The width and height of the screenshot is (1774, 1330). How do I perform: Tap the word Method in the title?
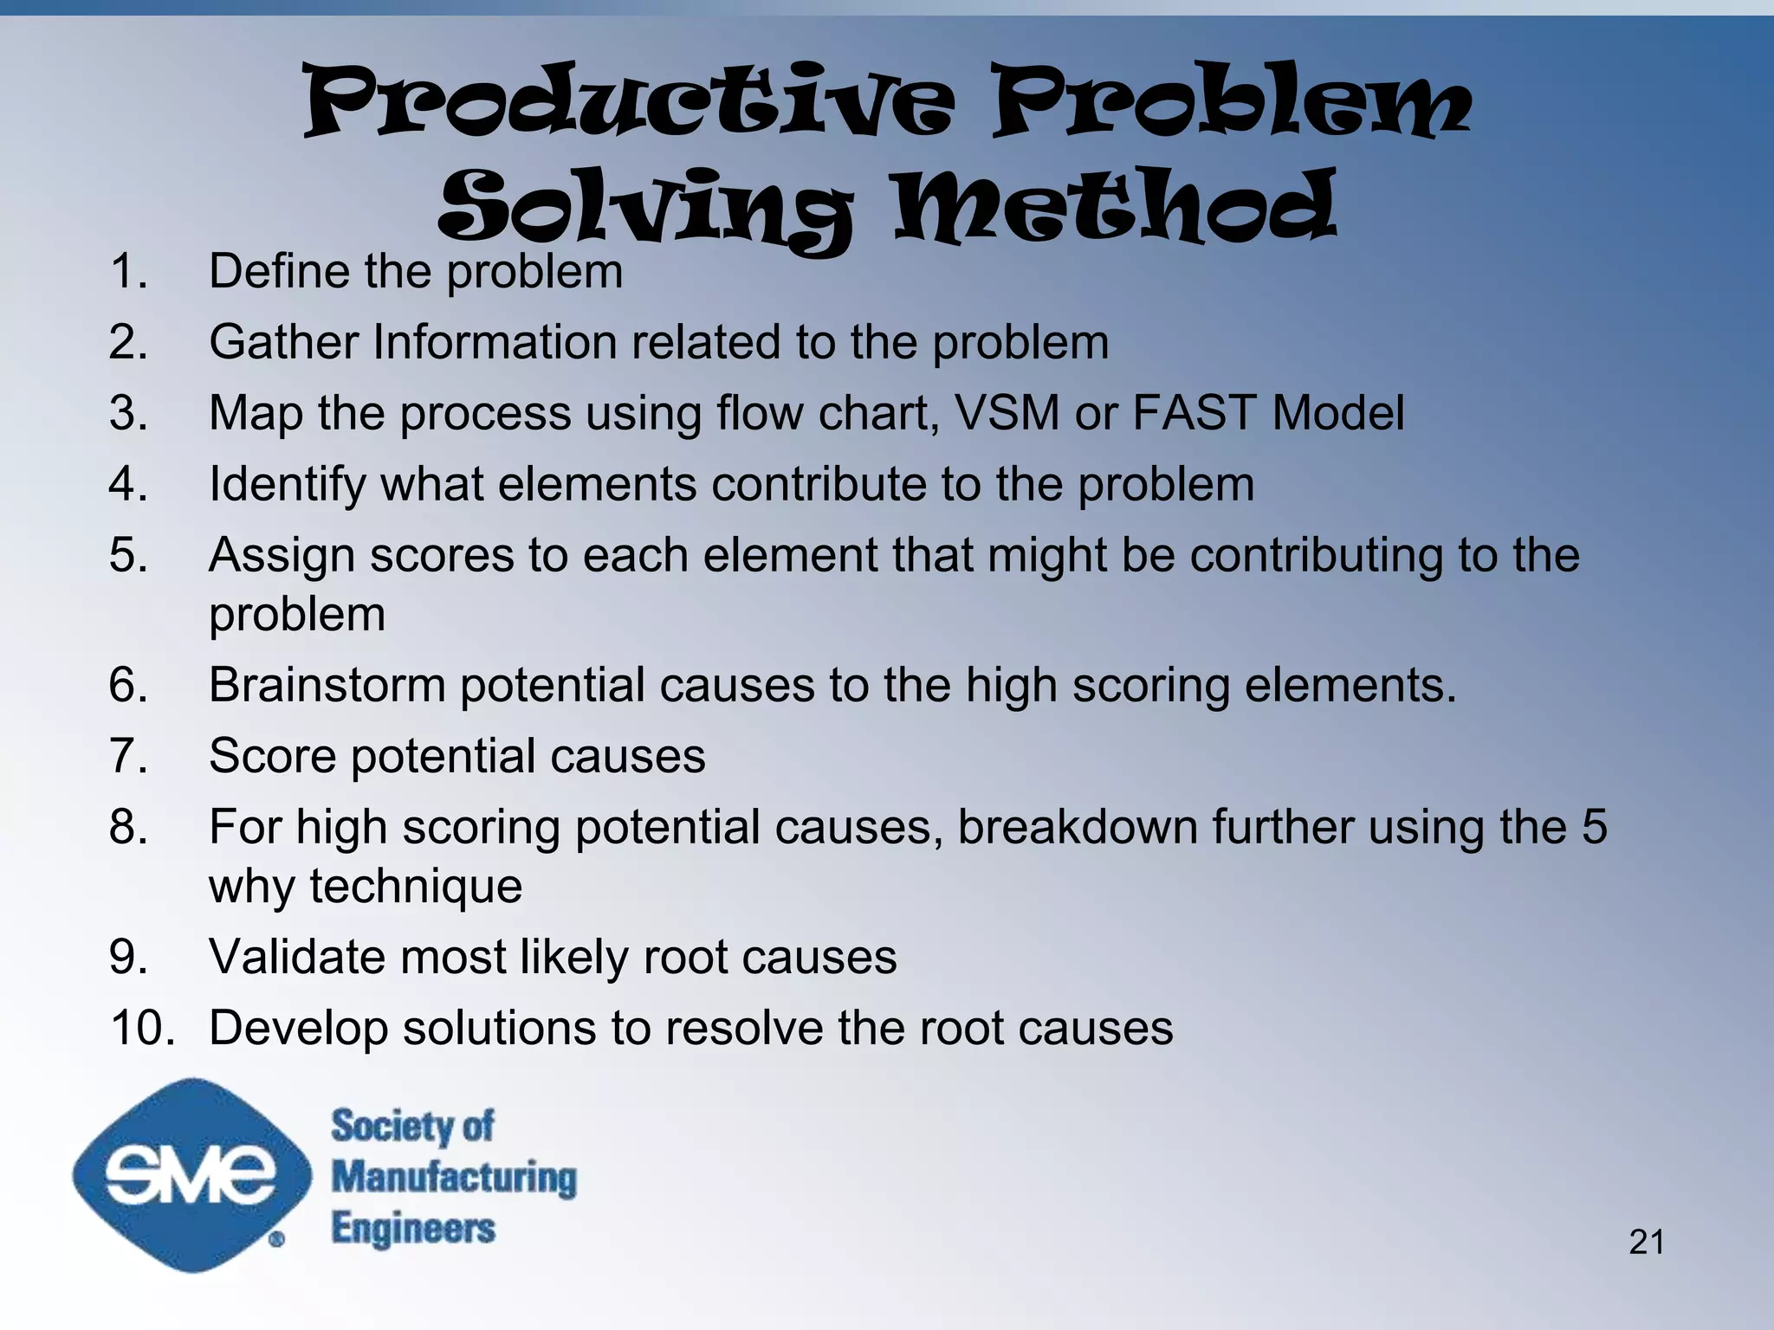1116,208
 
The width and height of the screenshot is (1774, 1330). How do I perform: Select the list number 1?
127,272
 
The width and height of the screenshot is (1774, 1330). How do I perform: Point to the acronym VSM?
1006,413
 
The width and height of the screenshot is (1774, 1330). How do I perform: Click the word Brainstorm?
327,686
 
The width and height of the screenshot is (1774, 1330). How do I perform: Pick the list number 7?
127,757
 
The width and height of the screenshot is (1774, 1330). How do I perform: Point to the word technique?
416,887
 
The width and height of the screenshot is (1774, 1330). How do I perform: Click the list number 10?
142,1029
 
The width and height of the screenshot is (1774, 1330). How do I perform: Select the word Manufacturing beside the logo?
454,1178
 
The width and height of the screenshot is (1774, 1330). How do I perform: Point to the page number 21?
1646,1243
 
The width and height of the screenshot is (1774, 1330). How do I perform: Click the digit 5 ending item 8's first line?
1594,827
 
